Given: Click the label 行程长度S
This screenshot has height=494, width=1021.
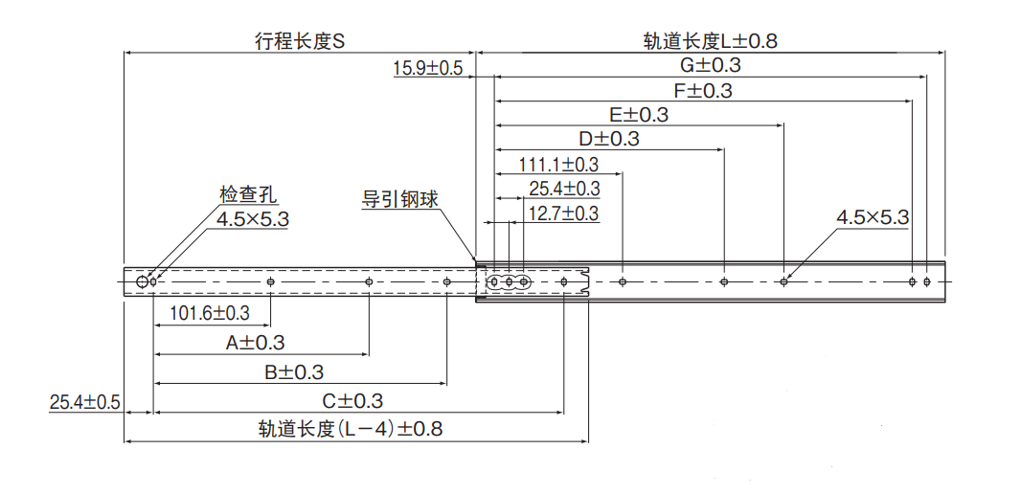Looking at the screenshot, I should click(x=299, y=41).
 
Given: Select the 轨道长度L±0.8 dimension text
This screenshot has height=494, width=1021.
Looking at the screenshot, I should click(x=710, y=41).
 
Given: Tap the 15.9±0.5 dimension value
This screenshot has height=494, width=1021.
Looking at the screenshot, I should click(x=427, y=69).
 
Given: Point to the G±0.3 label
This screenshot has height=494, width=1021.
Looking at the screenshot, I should click(x=710, y=65).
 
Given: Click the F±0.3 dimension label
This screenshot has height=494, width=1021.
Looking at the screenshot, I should click(x=702, y=90).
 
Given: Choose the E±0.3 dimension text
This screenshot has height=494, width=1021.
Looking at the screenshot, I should click(x=639, y=114).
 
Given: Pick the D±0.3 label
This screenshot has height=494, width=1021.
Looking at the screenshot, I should click(x=609, y=139).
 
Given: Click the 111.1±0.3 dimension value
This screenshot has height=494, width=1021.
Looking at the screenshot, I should click(x=558, y=165).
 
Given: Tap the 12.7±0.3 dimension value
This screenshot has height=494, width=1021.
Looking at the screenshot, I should click(x=564, y=213).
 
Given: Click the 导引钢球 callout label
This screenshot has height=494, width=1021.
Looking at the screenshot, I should click(x=399, y=200).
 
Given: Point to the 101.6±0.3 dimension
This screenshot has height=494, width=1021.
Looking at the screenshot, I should click(x=210, y=313).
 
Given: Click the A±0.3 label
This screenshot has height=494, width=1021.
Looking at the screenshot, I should click(x=255, y=342).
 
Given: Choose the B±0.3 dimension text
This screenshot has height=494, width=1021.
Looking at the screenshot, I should click(x=294, y=371).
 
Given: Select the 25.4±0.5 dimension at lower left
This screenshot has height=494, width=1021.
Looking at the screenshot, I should click(x=84, y=402).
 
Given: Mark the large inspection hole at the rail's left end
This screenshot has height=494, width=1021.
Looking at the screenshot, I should click(x=143, y=281).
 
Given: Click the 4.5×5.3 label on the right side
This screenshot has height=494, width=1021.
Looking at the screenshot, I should click(x=873, y=217).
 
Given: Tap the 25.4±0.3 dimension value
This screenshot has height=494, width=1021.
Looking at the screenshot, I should click(x=564, y=189).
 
